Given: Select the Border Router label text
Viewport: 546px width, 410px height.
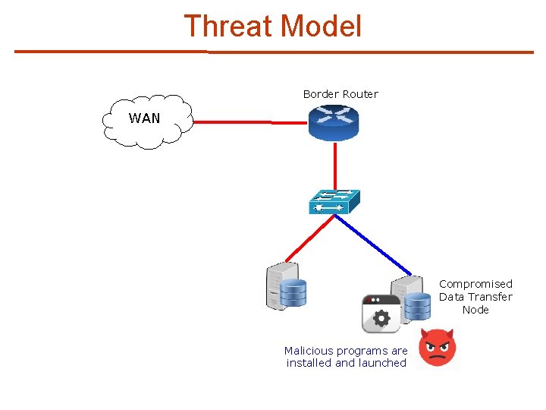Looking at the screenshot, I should pos(340,94).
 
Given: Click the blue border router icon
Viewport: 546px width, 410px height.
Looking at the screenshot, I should pos(334,122).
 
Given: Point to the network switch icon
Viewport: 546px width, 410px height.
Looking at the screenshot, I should pos(334,201).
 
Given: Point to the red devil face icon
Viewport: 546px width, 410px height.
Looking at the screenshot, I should pos(438,348).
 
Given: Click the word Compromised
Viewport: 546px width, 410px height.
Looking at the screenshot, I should pos(475,284).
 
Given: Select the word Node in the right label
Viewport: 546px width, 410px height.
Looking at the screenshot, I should pos(475,310).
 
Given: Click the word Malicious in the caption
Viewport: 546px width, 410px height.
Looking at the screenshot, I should pos(310,351).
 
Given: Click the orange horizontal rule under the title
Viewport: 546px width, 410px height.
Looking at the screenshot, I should pos(273,52).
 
